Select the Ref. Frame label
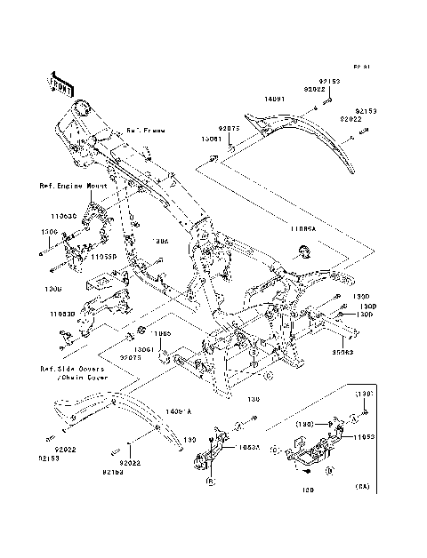point(145,130)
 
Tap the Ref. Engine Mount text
point(73,187)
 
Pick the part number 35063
point(342,352)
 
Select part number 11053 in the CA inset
point(366,439)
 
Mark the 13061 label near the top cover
point(210,139)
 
